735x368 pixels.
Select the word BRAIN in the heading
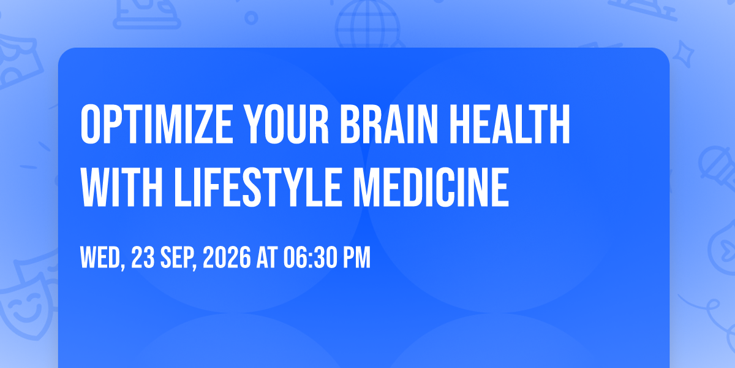pos(389,124)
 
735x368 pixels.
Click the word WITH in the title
pos(122,186)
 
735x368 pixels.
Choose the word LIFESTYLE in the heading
pos(258,186)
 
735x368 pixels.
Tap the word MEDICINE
pos(431,186)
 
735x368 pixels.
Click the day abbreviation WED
pos(102,258)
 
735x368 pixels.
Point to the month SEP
pos(178,258)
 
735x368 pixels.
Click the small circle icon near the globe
pos(251,18)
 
